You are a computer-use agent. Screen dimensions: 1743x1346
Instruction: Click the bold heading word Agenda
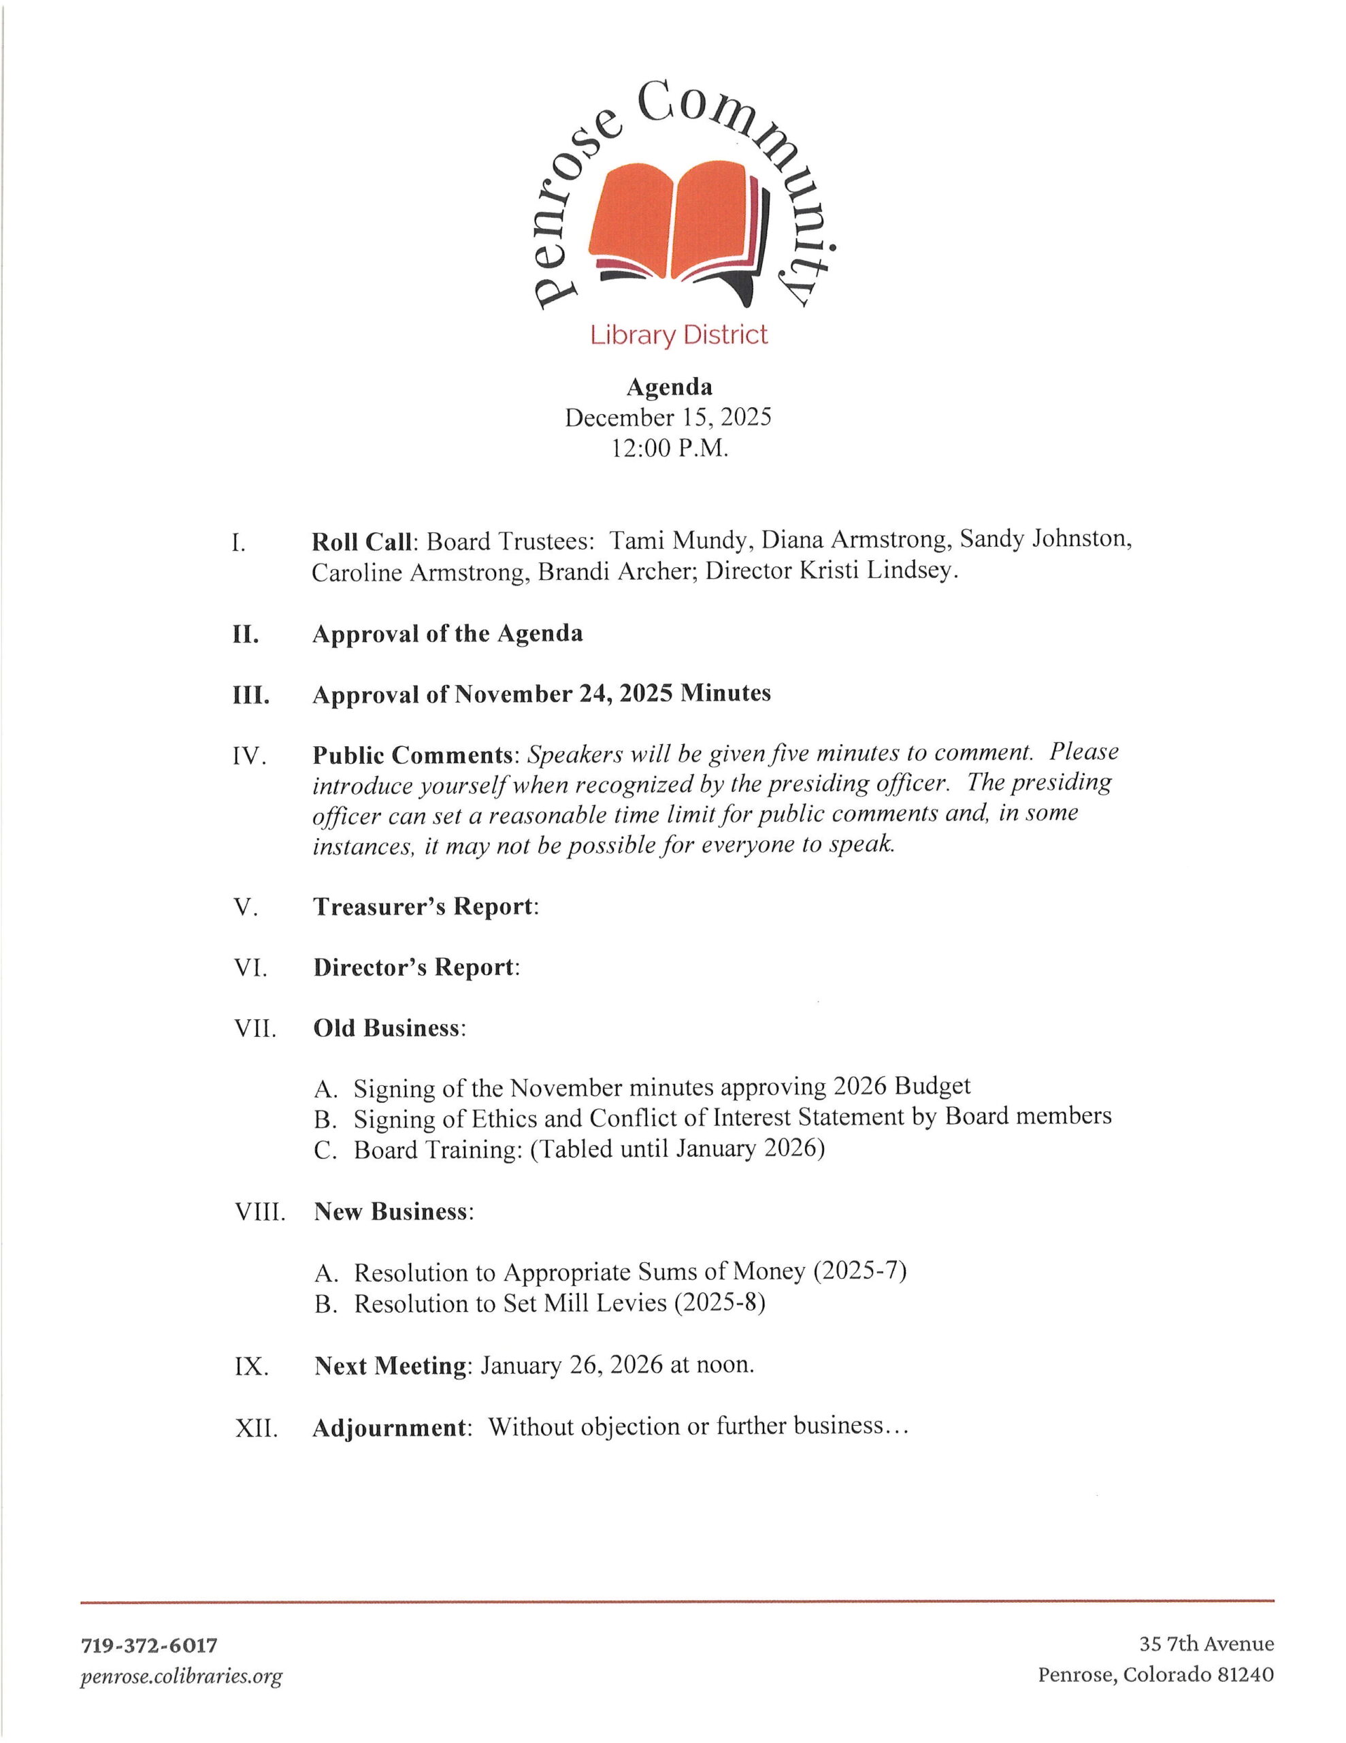tap(669, 387)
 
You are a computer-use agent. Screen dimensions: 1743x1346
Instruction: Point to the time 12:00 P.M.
tap(670, 449)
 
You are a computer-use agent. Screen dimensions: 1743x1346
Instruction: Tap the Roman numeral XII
tap(256, 1427)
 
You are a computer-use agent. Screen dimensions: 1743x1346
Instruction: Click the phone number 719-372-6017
tap(149, 1645)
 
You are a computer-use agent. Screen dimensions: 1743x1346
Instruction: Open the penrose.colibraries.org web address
tap(181, 1676)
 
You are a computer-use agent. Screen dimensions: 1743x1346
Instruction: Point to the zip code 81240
tap(1245, 1674)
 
